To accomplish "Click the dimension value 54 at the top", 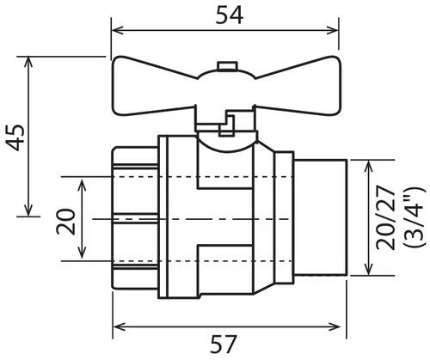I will pos(226,15).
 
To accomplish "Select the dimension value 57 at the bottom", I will pos(225,345).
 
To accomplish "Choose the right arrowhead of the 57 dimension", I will pos(339,326).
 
